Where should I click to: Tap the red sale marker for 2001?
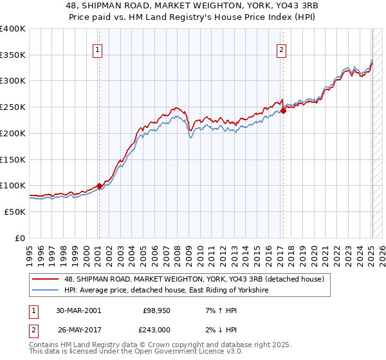coord(99,186)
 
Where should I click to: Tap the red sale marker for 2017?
coord(283,111)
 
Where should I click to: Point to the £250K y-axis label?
coord(13,107)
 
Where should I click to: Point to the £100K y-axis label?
coord(13,185)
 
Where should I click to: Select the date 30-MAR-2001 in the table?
coord(78,310)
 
